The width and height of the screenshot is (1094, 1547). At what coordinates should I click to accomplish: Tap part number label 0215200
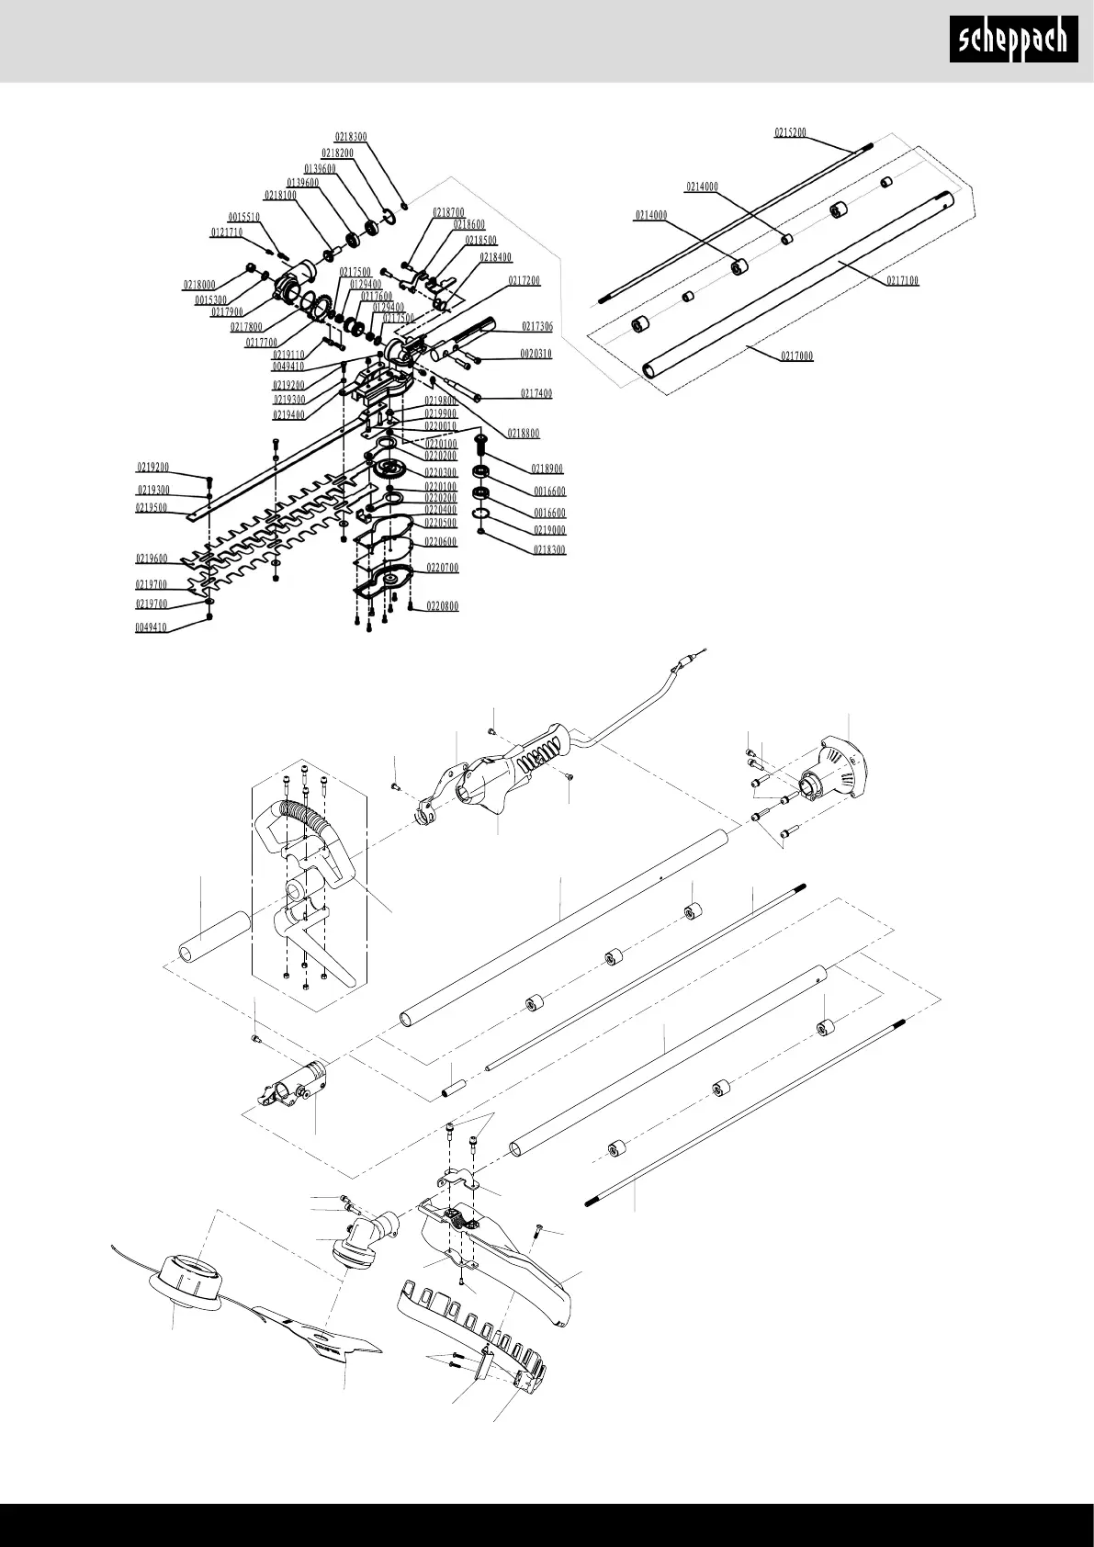[790, 133]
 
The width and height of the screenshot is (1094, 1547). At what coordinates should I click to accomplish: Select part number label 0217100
[902, 281]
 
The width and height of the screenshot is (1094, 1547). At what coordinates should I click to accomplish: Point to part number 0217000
[796, 356]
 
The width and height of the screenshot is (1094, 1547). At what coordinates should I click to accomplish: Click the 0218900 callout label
[547, 469]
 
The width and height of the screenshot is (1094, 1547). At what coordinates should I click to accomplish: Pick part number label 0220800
[442, 607]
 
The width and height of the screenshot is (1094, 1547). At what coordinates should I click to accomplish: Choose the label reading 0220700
[442, 569]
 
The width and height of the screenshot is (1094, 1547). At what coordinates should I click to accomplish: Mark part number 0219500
[153, 508]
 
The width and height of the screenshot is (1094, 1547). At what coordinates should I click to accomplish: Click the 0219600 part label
[152, 559]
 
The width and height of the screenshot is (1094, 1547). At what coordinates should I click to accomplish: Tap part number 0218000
[198, 286]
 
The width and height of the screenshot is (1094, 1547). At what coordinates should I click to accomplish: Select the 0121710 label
[227, 233]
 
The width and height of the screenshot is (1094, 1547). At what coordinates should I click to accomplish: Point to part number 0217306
[537, 327]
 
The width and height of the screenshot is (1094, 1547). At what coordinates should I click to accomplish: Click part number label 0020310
[536, 355]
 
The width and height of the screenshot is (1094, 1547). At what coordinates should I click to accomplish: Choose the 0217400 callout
[536, 394]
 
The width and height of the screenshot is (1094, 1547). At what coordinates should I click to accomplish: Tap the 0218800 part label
[524, 434]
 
